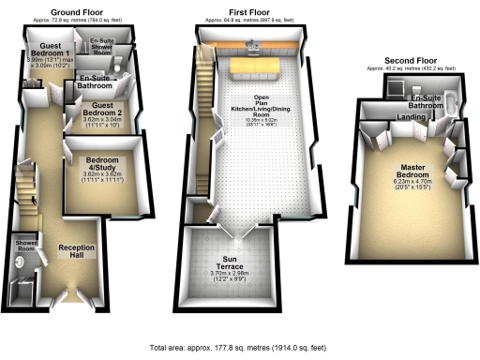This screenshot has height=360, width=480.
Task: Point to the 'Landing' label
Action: point(411,117)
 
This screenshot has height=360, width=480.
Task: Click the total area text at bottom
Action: point(238,348)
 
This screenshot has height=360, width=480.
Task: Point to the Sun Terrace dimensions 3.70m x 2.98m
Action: point(229,275)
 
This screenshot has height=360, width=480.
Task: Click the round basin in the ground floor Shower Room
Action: point(22,265)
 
